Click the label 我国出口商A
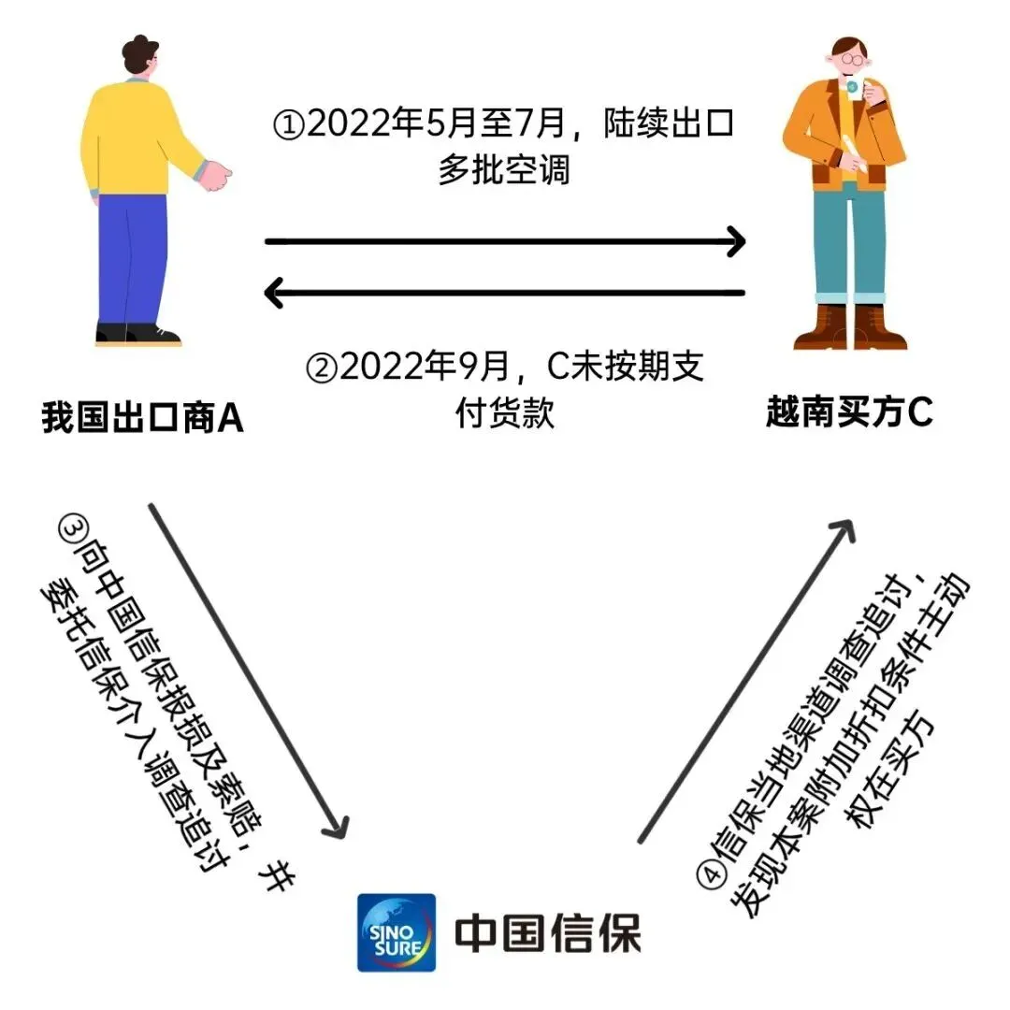coord(142,418)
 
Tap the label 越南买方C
coord(849,412)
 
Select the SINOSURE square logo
coord(396,931)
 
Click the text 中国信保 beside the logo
coord(548,933)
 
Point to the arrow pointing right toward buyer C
coord(505,242)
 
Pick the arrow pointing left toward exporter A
coord(505,294)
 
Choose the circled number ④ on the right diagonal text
coord(710,874)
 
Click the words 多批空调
coord(504,171)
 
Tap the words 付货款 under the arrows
coord(505,413)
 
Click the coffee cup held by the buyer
coord(853,88)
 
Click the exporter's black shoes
coord(137,334)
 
